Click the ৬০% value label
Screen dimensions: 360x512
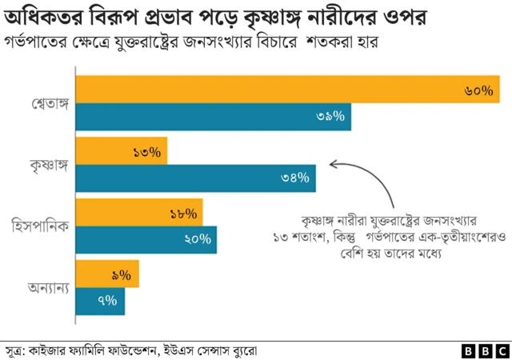click(478, 90)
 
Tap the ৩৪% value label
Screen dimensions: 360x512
click(295, 178)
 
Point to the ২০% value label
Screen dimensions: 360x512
click(197, 239)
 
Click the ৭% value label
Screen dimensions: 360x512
click(107, 301)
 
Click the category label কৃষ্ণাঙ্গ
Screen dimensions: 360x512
click(47, 165)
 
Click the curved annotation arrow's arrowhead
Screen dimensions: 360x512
click(333, 166)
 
